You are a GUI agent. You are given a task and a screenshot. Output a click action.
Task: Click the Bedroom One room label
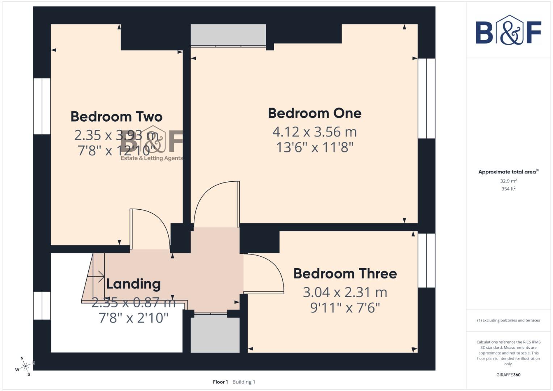pyautogui.click(x=314, y=113)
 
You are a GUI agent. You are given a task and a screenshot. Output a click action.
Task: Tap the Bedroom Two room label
pyautogui.click(x=116, y=117)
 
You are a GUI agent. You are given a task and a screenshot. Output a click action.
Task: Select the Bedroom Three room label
pyautogui.click(x=345, y=274)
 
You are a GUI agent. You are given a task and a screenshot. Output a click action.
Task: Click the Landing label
pyautogui.click(x=133, y=284)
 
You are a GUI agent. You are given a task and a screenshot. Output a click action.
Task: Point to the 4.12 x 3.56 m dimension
pyautogui.click(x=314, y=132)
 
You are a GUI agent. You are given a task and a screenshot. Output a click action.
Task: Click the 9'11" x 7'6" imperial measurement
pyautogui.click(x=345, y=308)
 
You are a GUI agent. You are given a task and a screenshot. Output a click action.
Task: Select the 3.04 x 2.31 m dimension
pyautogui.click(x=345, y=292)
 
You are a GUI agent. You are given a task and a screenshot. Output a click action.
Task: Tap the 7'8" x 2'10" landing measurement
pyautogui.click(x=133, y=318)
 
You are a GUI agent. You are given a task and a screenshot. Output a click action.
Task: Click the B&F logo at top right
pyautogui.click(x=508, y=31)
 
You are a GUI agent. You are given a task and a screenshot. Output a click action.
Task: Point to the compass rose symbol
pyautogui.click(x=25, y=367)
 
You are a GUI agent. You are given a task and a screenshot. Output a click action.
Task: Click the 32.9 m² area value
pyautogui.click(x=508, y=181)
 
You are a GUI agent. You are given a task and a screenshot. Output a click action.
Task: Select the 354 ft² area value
pyautogui.click(x=508, y=189)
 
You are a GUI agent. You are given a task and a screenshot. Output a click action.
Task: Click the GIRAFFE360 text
pyautogui.click(x=508, y=375)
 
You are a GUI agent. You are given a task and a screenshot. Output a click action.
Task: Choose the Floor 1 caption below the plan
pyautogui.click(x=220, y=382)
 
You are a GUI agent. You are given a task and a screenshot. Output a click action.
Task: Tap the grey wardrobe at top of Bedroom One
pyautogui.click(x=228, y=35)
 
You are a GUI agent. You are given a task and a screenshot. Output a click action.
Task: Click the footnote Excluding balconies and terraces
pyautogui.click(x=508, y=320)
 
